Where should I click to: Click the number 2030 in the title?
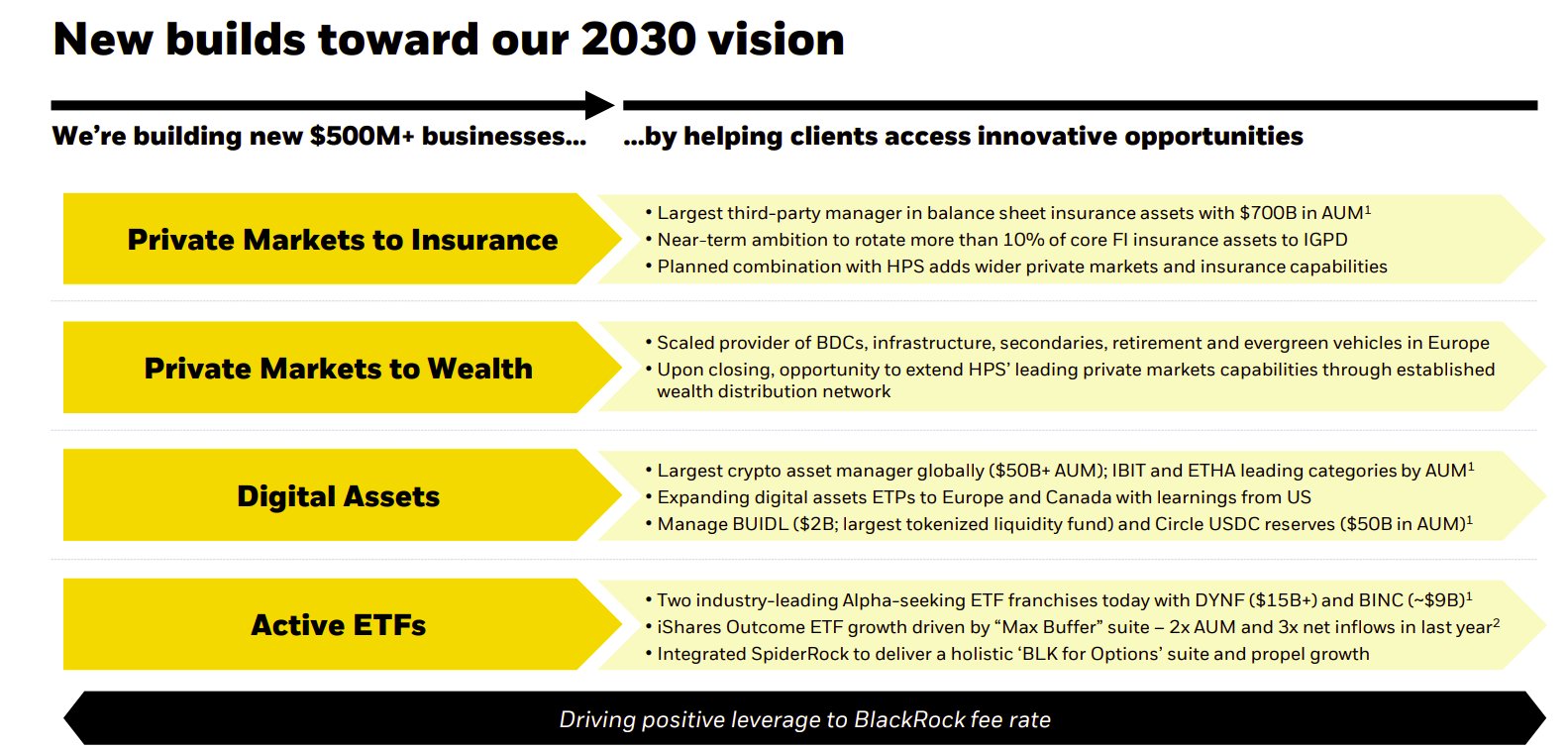(x=638, y=39)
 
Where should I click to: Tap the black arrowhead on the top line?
(x=599, y=105)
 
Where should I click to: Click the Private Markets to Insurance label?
(x=343, y=240)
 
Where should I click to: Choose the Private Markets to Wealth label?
(x=338, y=369)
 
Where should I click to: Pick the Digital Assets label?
(x=338, y=496)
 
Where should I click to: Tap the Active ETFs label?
(x=338, y=625)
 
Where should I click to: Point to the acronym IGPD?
(x=1325, y=240)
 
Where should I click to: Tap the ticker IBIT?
(x=1128, y=471)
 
